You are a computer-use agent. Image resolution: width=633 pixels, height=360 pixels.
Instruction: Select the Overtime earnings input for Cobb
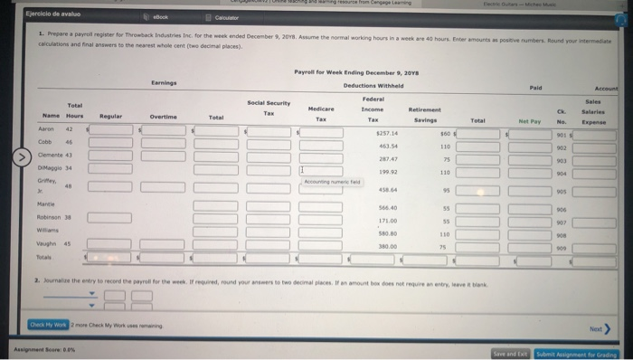[164, 143]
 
